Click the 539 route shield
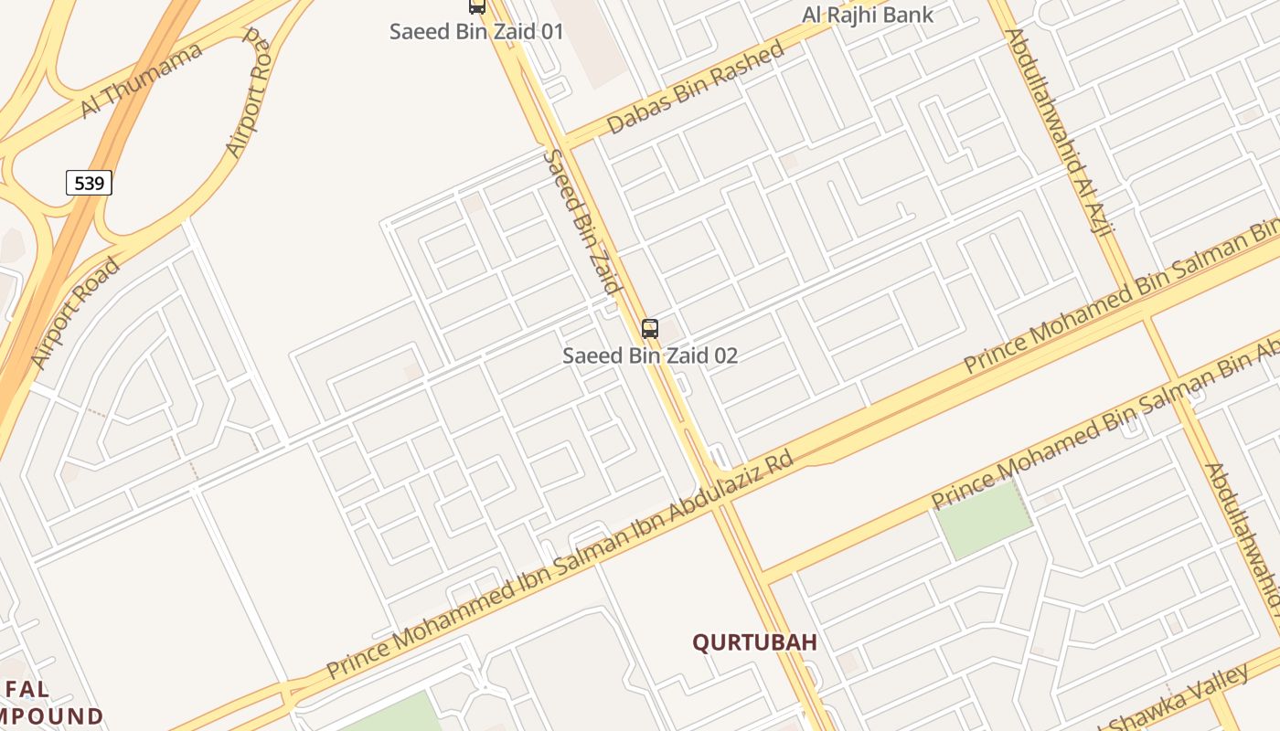point(89,184)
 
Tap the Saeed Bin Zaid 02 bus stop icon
point(650,329)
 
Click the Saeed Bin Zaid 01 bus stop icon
point(476,6)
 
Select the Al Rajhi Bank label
point(868,15)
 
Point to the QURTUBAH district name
point(754,642)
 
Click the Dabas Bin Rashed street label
point(695,88)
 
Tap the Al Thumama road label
point(141,80)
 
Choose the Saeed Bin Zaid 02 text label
point(650,355)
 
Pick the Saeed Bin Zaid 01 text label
point(476,31)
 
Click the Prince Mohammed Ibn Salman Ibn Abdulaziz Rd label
point(560,567)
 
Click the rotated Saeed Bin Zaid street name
point(581,222)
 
